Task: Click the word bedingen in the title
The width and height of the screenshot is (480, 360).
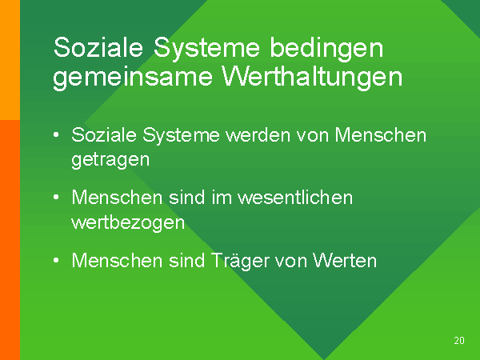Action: click(326, 49)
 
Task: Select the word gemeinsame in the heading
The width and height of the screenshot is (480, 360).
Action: click(133, 78)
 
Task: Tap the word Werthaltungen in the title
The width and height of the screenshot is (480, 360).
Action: click(312, 77)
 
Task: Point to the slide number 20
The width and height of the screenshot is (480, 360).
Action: click(459, 341)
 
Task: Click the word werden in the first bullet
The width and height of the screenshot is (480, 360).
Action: click(258, 135)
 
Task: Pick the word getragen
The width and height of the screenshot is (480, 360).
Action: click(110, 160)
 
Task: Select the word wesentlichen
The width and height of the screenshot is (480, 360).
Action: click(295, 198)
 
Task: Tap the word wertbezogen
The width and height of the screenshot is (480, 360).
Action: click(128, 223)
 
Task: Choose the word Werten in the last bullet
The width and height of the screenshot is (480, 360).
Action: click(344, 261)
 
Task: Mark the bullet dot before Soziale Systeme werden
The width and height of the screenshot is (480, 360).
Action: click(56, 134)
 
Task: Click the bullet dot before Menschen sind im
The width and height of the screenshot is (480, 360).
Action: click(56, 198)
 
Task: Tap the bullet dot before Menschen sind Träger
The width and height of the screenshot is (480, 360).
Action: click(56, 261)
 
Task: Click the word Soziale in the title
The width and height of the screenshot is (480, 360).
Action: click(98, 47)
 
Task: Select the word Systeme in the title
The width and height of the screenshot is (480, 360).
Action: click(206, 48)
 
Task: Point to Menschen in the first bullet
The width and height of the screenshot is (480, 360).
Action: click(381, 134)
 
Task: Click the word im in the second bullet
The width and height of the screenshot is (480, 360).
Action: click(222, 198)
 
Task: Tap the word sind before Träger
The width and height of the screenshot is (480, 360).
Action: click(186, 261)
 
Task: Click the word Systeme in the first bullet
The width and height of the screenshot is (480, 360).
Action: click(182, 135)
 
